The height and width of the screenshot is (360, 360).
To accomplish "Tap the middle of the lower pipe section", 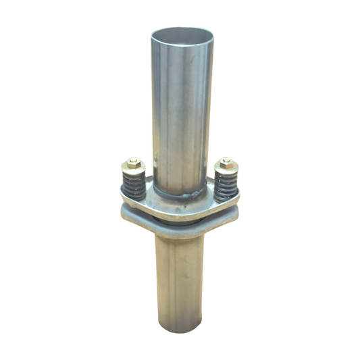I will (177, 277).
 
